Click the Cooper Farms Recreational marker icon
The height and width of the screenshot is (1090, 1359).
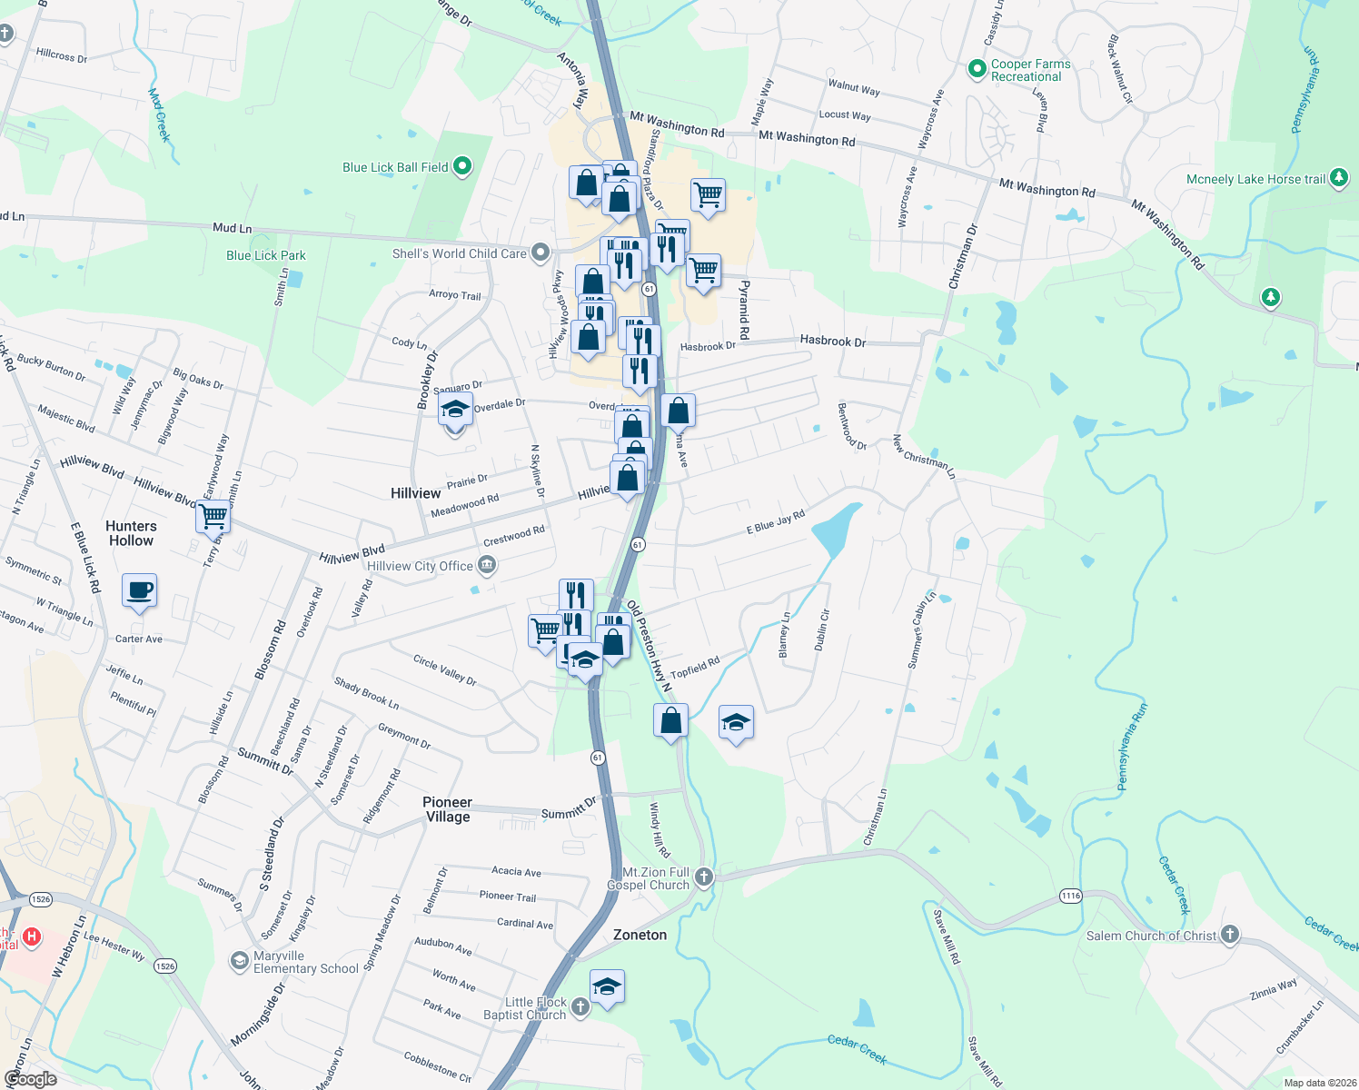pyautogui.click(x=977, y=69)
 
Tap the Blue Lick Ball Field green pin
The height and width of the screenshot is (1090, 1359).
pyautogui.click(x=462, y=166)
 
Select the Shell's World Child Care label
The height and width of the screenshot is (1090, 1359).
pyautogui.click(x=459, y=253)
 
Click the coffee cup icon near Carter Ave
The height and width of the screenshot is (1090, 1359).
pyautogui.click(x=139, y=590)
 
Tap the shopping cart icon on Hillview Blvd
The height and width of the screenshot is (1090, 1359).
pyautogui.click(x=213, y=517)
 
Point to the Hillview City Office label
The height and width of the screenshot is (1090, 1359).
pyautogui.click(x=420, y=566)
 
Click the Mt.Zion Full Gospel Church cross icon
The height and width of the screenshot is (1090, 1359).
pyautogui.click(x=704, y=877)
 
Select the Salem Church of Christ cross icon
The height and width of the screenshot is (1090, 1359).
pyautogui.click(x=1229, y=934)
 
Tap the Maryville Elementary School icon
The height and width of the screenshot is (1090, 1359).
pyautogui.click(x=239, y=961)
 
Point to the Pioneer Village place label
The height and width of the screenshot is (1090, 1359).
pyautogui.click(x=448, y=809)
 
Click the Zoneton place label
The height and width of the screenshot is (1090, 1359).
pyautogui.click(x=640, y=935)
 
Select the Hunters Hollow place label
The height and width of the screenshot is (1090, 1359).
pyautogui.click(x=131, y=533)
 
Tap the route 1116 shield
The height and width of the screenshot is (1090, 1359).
pyautogui.click(x=1071, y=896)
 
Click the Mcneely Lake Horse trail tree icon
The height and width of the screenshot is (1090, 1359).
pyautogui.click(x=1339, y=178)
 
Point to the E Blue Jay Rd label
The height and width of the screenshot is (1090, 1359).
pyautogui.click(x=775, y=522)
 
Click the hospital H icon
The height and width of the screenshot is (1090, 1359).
pyautogui.click(x=32, y=936)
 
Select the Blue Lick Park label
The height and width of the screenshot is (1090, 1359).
pyautogui.click(x=266, y=255)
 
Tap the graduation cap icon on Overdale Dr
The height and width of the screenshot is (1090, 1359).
pyautogui.click(x=455, y=411)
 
